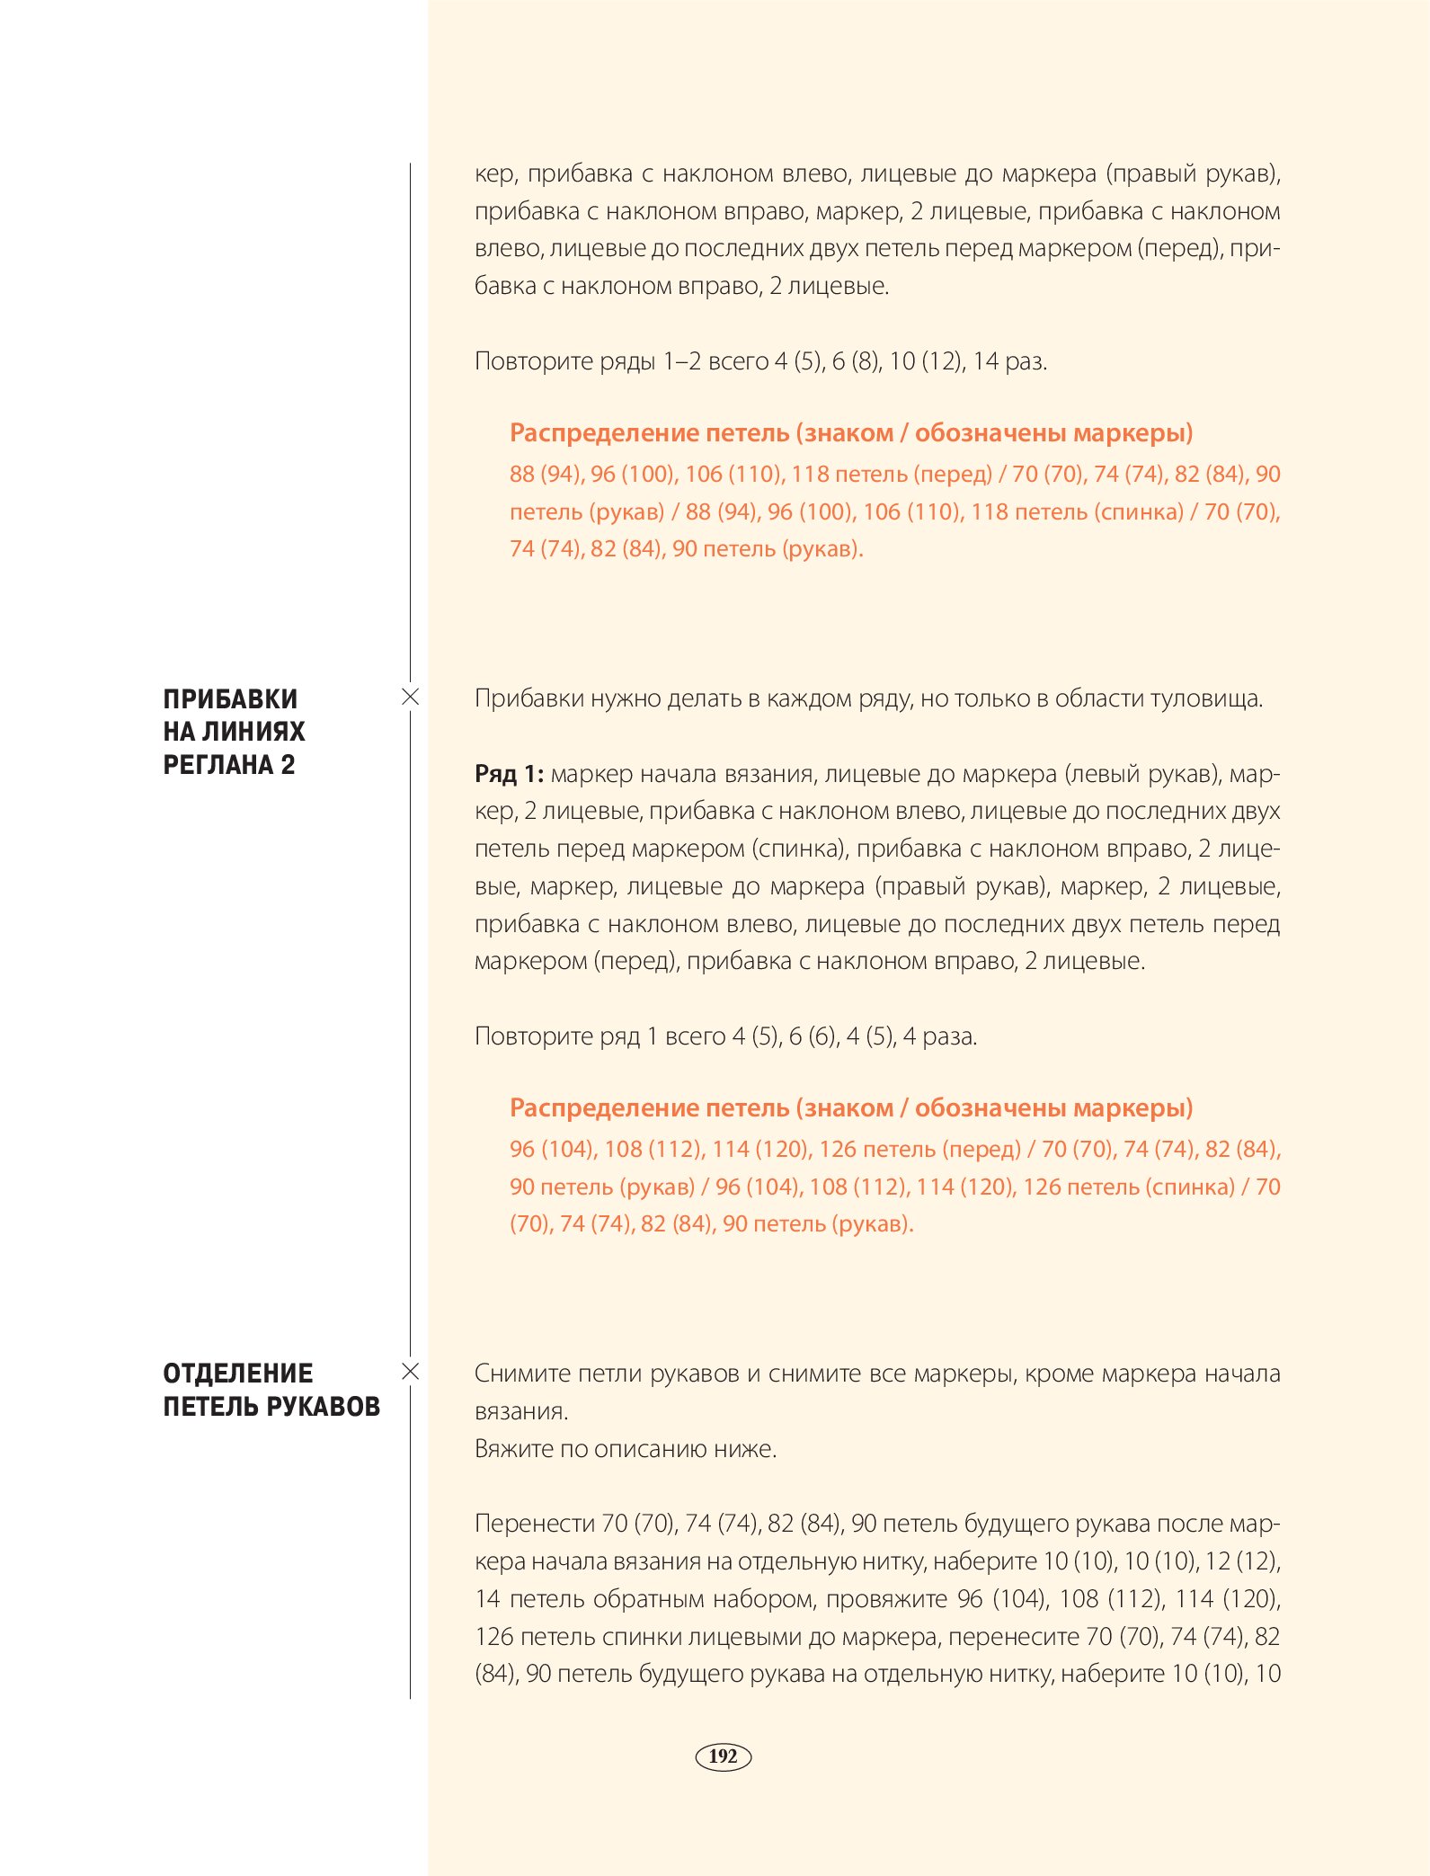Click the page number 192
(723, 1756)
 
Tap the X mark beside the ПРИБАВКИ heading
(410, 697)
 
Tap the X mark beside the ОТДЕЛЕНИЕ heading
(410, 1372)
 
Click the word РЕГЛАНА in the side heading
(217, 765)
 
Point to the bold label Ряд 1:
(509, 774)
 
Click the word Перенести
(535, 1524)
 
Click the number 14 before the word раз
(985, 361)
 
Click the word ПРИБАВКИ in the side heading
(230, 699)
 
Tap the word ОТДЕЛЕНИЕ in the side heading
(238, 1374)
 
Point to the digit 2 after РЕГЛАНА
(288, 765)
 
